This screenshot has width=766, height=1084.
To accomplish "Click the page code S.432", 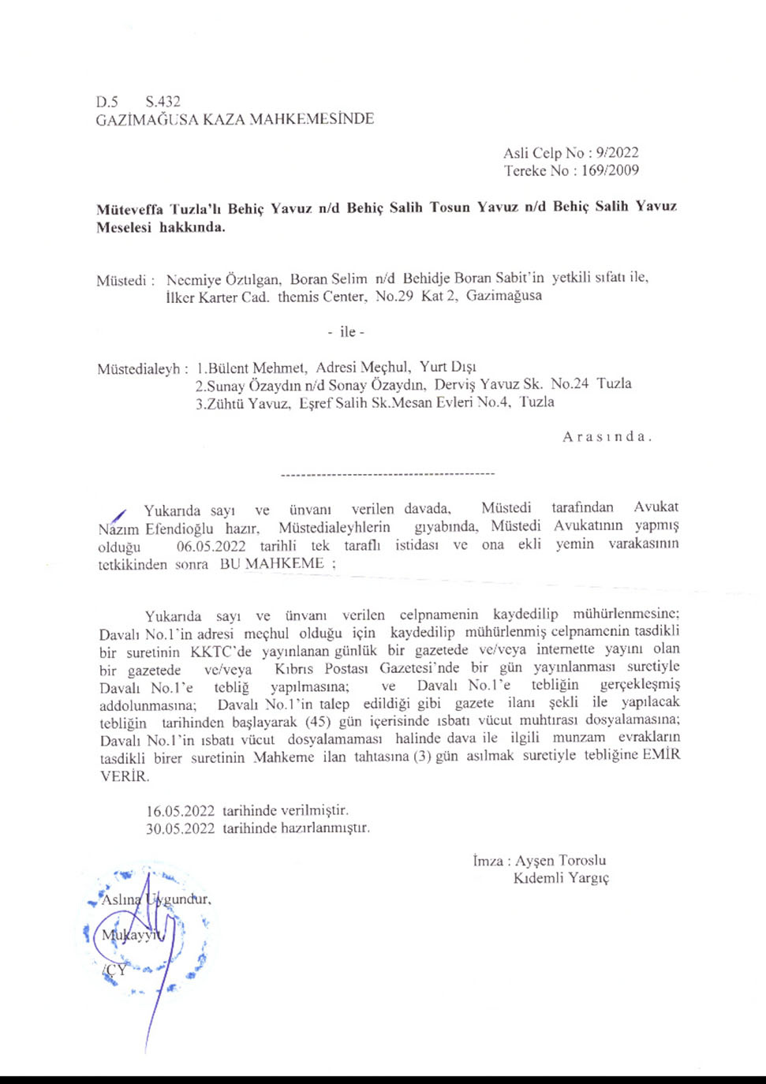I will coord(163,102).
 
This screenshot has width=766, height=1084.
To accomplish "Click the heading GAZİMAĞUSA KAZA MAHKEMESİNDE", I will coord(234,119).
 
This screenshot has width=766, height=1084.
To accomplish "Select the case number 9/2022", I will coord(617,153).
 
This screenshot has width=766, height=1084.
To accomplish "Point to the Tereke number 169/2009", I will coord(610,170).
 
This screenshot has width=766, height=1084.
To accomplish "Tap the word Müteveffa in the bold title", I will coord(129,209).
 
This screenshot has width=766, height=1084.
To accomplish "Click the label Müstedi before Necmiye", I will coord(121,280).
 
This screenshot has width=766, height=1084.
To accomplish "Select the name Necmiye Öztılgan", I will coord(223,279).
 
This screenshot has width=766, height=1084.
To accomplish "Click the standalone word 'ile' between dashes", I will coord(347,332).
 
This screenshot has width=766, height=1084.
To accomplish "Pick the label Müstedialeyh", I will coord(141,368).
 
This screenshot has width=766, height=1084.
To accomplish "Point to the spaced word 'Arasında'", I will coord(607,437).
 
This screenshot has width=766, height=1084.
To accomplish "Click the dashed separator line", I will coord(387,474).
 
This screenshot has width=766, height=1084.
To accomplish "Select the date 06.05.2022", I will coord(211,546).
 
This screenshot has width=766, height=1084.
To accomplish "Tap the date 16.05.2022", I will coord(180,811).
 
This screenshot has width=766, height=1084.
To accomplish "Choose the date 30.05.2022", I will coord(180,828).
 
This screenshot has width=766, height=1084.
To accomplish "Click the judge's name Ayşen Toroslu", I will coord(560,861).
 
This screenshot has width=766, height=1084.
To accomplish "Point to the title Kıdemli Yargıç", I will coord(561,878).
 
